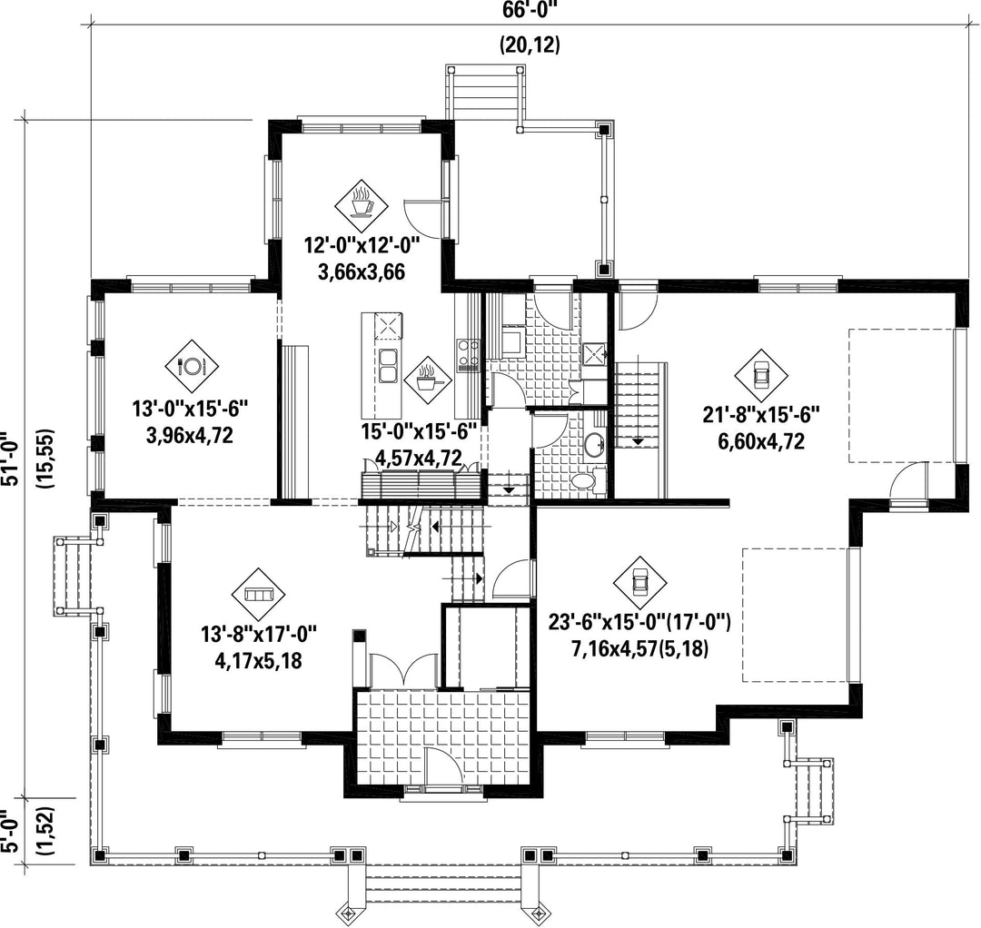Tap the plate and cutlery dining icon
(192, 366)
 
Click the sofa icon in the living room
(258, 594)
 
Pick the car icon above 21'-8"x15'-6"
(761, 375)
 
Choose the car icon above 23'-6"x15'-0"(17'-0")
(639, 582)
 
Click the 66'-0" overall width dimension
(530, 11)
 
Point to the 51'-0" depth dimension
(11, 459)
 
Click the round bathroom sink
(594, 444)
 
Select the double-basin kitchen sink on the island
(389, 366)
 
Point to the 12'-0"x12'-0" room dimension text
(362, 244)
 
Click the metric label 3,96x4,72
(190, 435)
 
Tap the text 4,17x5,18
(258, 661)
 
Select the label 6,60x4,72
(761, 441)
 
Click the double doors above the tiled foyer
(403, 670)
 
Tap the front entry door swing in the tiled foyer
(443, 765)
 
